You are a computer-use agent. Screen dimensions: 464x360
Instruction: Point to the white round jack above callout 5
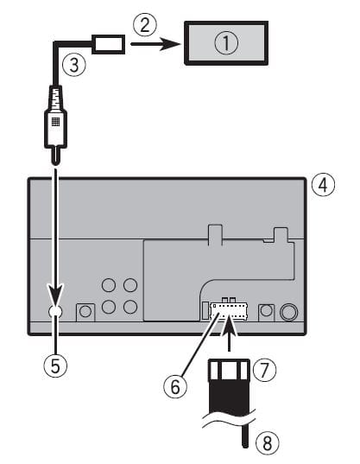[56, 312]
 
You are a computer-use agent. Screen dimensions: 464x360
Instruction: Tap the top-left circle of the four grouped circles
[109, 284]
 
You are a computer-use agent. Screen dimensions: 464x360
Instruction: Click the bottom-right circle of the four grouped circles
[129, 306]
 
